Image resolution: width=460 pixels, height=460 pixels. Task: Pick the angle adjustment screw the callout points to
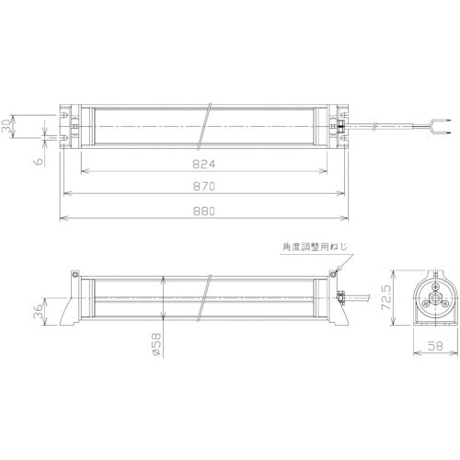[x=331, y=272]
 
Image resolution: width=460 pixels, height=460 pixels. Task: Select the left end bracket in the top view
[x=70, y=124]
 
